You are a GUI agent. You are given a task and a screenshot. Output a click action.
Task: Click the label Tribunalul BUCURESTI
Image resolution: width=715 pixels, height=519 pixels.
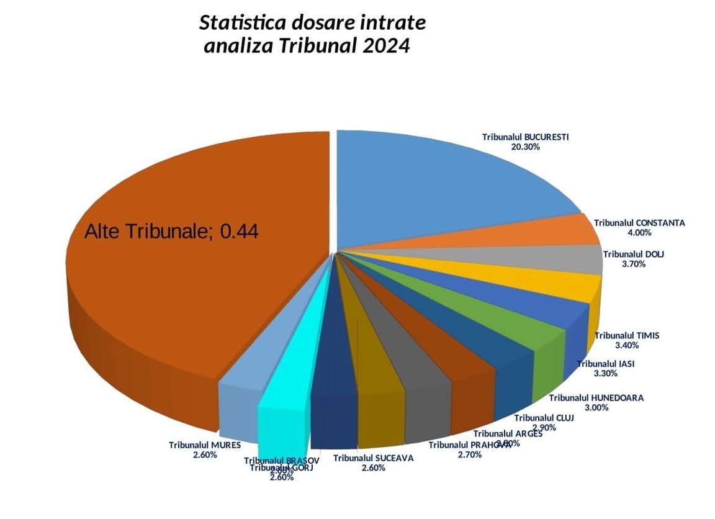pos(526,137)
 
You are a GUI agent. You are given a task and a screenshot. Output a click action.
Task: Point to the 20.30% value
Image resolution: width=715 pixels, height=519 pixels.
pos(525,147)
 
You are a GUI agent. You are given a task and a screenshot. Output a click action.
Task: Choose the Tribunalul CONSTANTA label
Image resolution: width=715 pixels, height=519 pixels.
pos(639,222)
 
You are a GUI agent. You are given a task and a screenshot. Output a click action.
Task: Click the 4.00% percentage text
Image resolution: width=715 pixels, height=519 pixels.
pos(639,233)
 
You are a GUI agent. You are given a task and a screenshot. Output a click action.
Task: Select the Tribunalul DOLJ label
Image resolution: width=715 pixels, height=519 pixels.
pos(633,254)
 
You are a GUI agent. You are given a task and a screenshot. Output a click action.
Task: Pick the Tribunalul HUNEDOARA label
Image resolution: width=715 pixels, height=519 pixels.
pos(596,397)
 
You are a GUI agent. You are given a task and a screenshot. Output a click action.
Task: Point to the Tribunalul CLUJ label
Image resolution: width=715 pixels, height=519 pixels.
pos(544,417)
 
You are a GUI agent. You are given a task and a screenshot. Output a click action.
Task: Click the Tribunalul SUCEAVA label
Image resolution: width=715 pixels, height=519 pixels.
pos(373,458)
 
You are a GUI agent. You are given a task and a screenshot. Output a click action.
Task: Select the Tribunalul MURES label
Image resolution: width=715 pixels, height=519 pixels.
pos(205,445)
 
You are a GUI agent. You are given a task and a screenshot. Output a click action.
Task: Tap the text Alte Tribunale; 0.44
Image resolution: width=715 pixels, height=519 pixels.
pos(171,232)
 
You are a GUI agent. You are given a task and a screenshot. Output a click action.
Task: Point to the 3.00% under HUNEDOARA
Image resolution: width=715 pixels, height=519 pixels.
pos(596,408)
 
